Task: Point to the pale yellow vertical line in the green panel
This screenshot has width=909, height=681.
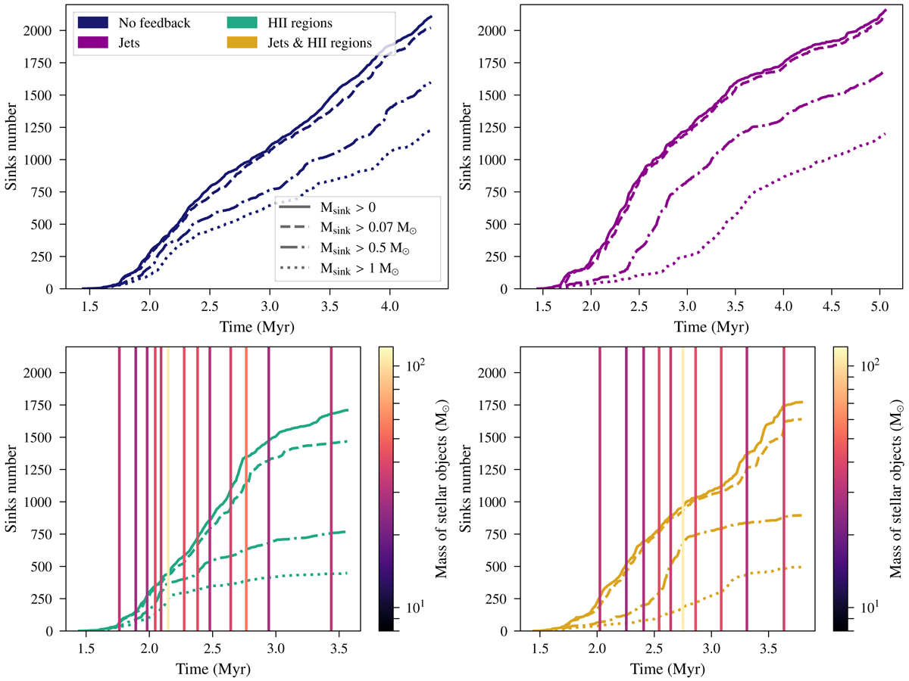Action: click(x=167, y=454)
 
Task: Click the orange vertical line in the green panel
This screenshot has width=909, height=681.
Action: click(x=246, y=454)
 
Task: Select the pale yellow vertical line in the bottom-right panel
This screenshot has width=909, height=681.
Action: click(x=683, y=454)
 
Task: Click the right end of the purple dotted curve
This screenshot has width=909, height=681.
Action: click(x=884, y=135)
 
